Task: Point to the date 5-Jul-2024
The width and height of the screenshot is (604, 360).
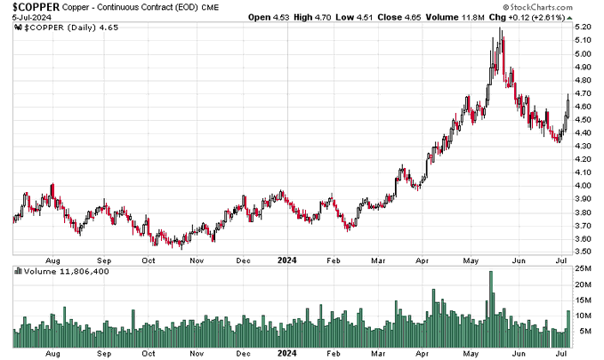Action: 24,18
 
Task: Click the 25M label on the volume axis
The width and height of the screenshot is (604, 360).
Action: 583,268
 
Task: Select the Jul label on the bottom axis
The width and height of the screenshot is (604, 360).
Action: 561,353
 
